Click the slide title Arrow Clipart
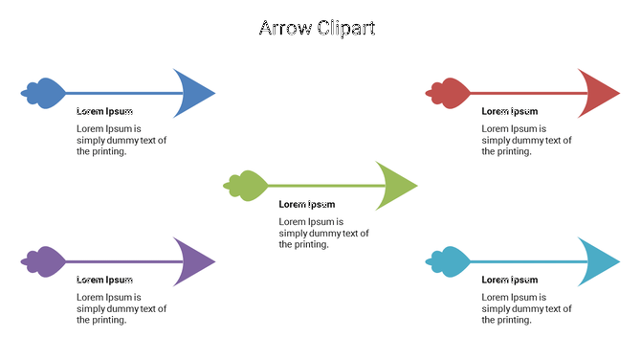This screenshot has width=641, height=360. pyautogui.click(x=317, y=28)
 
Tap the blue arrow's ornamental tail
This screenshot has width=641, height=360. pyautogui.click(x=44, y=93)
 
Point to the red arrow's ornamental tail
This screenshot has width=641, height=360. pyautogui.click(x=449, y=93)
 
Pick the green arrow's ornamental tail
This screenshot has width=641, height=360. pyautogui.click(x=246, y=185)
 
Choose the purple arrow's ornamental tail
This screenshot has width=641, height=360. pyautogui.click(x=44, y=260)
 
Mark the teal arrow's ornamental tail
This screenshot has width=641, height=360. pyautogui.click(x=449, y=260)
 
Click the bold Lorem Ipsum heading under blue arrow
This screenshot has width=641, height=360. pyautogui.click(x=104, y=111)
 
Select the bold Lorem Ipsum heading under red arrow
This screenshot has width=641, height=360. pyautogui.click(x=509, y=111)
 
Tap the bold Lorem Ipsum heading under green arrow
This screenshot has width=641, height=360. pyautogui.click(x=307, y=204)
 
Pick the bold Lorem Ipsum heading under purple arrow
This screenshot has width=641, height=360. pyautogui.click(x=104, y=280)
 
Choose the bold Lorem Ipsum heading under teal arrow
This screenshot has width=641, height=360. pyautogui.click(x=509, y=280)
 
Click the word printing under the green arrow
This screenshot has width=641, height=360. pyautogui.click(x=314, y=244)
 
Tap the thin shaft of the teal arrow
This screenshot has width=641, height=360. pyautogui.click(x=526, y=261)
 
